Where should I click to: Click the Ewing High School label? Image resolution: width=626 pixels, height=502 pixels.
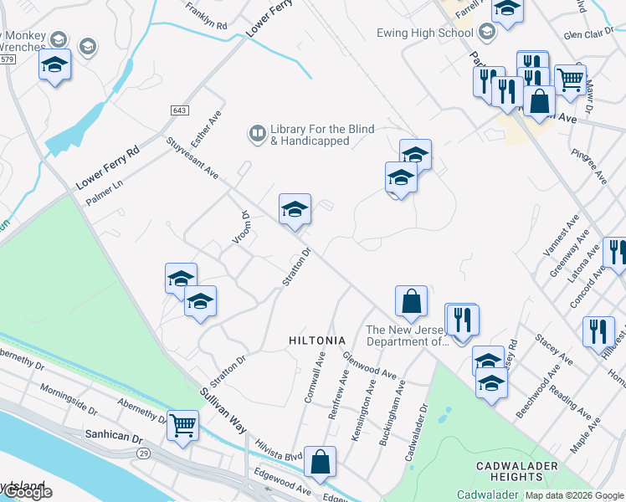click(431, 33)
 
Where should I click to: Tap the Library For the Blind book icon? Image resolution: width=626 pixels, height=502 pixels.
click(257, 133)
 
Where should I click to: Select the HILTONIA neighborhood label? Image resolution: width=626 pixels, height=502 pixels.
click(316, 341)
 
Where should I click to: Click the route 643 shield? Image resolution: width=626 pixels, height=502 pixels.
click(178, 110)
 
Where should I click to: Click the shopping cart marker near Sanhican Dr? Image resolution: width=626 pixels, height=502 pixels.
click(182, 424)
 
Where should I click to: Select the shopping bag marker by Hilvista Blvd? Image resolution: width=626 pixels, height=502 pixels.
click(320, 460)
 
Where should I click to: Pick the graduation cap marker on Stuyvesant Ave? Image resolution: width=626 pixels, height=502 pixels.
click(295, 209)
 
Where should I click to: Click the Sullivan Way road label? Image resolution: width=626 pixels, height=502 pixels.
click(223, 409)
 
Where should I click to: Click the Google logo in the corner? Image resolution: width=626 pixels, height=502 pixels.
click(28, 493)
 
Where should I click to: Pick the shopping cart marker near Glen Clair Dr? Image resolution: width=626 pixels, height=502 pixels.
click(570, 79)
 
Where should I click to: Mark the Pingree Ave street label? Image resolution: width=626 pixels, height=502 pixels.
click(588, 167)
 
